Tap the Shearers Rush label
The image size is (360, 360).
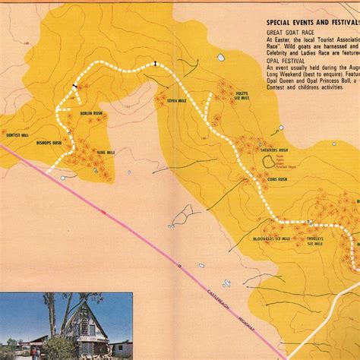pos(273,150)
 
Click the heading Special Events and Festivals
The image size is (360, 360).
pos(312,24)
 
